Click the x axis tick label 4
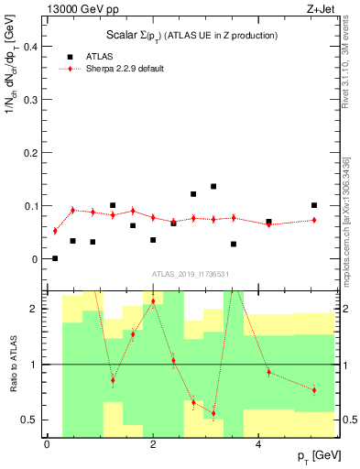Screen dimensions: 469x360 pos(259,444)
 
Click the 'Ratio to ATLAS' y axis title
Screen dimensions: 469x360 pos(12,365)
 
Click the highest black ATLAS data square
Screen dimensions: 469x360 pos(213,186)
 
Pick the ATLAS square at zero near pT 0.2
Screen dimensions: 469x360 pos(55,258)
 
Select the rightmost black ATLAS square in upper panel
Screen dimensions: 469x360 pos(314,205)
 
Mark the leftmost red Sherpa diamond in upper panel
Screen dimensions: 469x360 pos(55,231)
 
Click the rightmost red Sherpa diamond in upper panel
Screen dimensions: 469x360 pos(314,220)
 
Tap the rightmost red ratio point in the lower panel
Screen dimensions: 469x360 pos(314,390)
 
